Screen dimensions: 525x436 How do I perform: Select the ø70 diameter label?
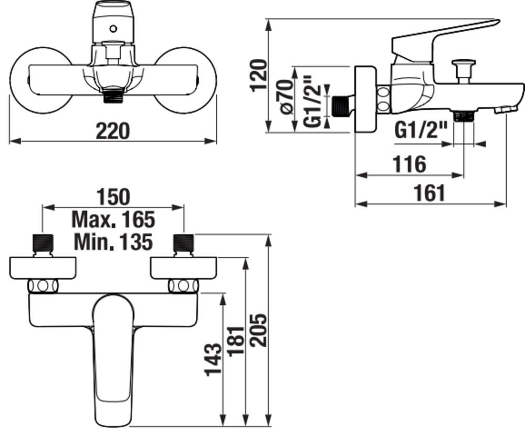286,97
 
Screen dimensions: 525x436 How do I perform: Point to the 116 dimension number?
409,164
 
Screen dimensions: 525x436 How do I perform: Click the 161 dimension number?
430,193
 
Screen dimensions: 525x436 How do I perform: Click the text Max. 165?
113,220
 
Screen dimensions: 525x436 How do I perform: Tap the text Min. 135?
113,242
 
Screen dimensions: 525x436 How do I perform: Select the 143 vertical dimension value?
213,359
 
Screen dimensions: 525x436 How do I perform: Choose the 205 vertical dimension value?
258,330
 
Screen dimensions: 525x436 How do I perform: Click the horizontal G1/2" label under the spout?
421,130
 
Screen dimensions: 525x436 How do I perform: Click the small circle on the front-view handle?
113,29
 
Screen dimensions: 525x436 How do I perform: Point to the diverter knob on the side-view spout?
464,70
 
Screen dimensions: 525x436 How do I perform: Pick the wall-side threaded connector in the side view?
342,106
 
